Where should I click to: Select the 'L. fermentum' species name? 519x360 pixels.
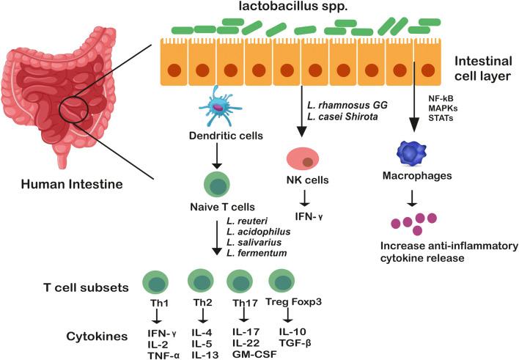pyautogui.click(x=256, y=253)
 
